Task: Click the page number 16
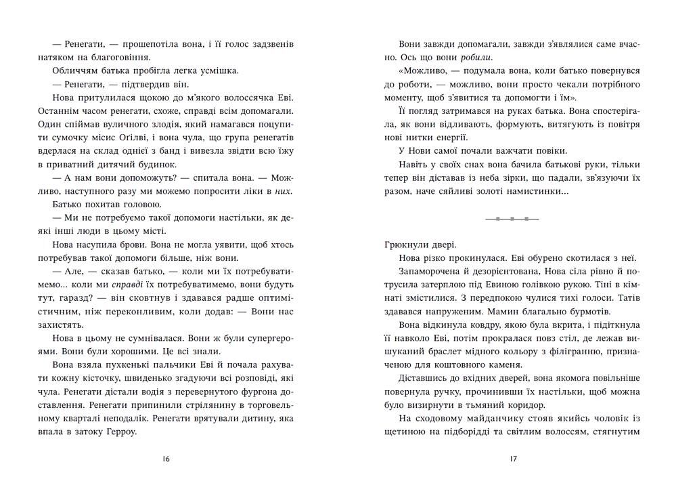click(x=166, y=459)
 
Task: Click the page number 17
click(x=512, y=459)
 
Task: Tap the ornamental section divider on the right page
click(x=512, y=219)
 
